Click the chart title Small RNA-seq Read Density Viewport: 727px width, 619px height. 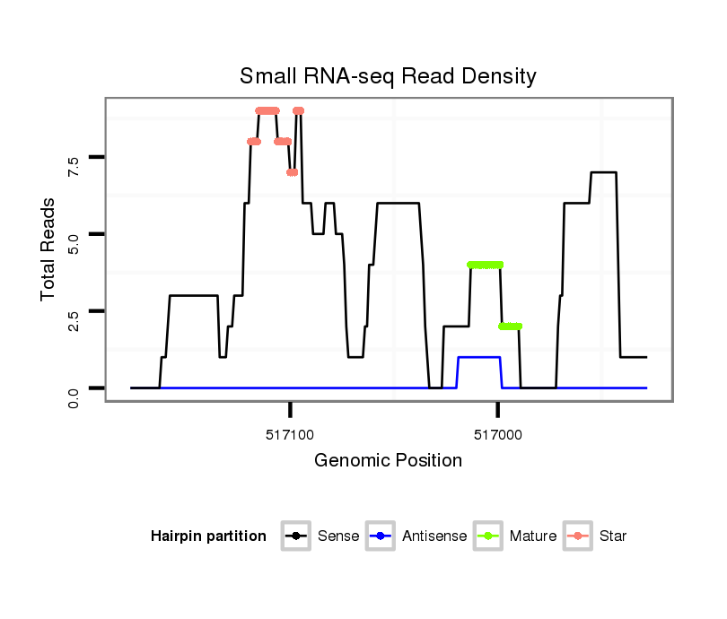point(388,76)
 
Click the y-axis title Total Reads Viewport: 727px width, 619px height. point(49,248)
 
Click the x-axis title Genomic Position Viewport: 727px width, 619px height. point(388,461)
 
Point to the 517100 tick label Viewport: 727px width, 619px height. point(290,434)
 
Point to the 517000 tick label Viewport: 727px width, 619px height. point(498,434)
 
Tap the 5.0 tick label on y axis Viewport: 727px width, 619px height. point(74,242)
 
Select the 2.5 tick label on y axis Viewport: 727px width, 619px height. point(74,319)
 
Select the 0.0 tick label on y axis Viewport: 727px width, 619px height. point(74,397)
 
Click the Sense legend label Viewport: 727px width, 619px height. point(338,536)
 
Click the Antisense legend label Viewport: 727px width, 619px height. point(434,536)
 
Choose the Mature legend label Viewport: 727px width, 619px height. point(532,536)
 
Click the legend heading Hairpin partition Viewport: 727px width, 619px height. point(208,536)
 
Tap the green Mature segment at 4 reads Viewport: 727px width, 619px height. point(485,265)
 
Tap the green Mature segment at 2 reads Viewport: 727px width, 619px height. point(510,327)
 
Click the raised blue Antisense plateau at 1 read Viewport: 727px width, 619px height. point(478,357)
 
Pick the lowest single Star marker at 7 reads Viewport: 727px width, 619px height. point(292,172)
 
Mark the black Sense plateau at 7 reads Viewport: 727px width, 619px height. point(603,172)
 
